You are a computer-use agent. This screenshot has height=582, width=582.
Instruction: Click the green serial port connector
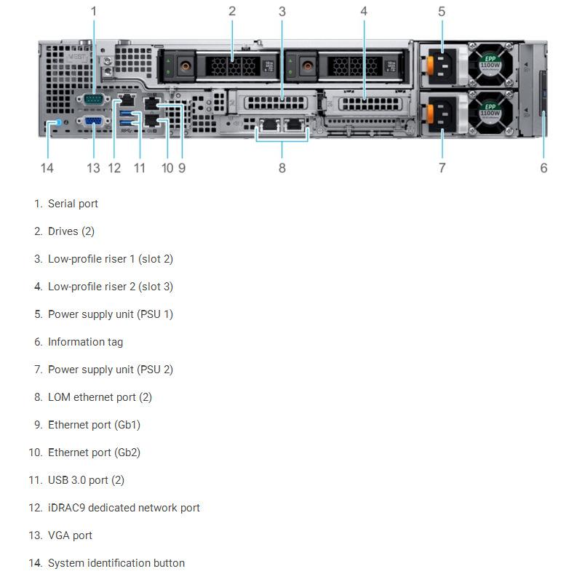coord(93,99)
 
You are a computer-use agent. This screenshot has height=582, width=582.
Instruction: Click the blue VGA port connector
coord(93,121)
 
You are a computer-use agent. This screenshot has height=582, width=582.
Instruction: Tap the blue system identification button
coord(57,121)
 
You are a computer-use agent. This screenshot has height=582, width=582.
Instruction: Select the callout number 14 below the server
coord(47,168)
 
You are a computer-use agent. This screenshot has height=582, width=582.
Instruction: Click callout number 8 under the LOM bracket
coord(282,168)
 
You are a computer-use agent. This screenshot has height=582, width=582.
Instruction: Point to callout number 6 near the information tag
coord(543,168)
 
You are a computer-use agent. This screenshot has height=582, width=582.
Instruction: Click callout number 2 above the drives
coord(232,11)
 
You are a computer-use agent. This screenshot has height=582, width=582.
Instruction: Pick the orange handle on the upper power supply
coord(430,65)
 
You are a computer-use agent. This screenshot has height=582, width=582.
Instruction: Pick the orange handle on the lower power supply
coord(430,113)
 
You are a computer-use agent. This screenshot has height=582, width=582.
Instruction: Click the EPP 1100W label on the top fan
coord(490,62)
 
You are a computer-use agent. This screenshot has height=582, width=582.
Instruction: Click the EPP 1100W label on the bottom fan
coord(490,110)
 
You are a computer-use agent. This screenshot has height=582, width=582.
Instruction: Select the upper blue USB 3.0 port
coord(127,113)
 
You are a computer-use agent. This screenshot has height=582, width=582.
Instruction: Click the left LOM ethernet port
coord(269,125)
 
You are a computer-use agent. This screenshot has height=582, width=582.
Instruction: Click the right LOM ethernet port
coord(295,125)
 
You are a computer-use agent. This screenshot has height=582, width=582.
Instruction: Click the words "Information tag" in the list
coord(85,342)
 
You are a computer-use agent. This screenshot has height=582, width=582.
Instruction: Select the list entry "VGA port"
coord(70,535)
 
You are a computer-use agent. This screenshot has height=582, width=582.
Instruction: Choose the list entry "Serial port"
coord(73,204)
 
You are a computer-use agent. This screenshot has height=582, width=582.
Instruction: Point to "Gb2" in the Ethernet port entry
coord(127,453)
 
